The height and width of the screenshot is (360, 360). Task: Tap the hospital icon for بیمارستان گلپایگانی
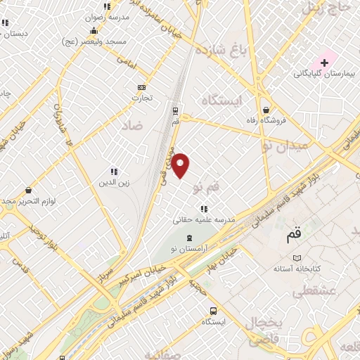[x=324, y=63]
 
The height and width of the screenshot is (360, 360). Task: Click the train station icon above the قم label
[x=175, y=110]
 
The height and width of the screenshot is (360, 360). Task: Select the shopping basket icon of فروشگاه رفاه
[x=266, y=110]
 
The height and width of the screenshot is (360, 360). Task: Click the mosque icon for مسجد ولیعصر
[x=94, y=30]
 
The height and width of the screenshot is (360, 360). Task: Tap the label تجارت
[x=142, y=98]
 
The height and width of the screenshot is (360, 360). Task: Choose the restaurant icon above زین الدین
[x=113, y=172]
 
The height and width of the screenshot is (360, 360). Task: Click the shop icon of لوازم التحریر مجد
[x=28, y=191]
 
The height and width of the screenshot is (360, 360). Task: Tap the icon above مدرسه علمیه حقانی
[x=204, y=209]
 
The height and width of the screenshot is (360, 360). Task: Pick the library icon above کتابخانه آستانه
[x=297, y=258]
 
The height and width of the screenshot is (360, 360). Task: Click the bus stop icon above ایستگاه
[x=212, y=311]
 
